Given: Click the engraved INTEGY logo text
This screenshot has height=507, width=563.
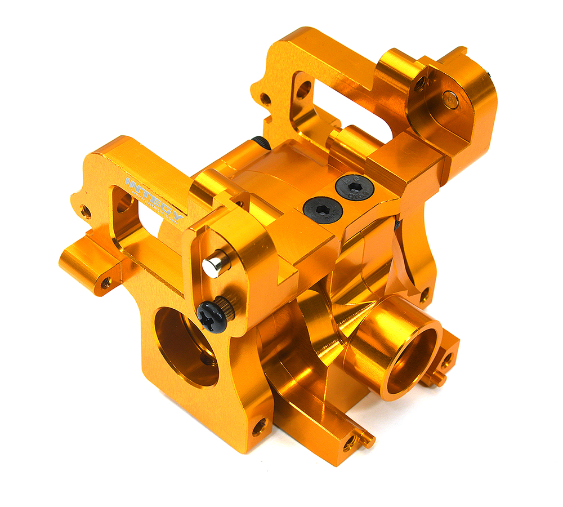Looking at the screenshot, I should [x=154, y=201].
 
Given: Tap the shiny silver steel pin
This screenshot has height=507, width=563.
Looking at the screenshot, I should [x=216, y=265].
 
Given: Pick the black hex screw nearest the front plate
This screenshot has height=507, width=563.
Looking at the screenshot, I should [x=318, y=210].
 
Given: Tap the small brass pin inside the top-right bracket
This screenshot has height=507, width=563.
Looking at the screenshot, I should [x=449, y=99].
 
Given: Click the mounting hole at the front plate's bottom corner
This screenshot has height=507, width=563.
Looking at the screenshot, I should [x=260, y=426].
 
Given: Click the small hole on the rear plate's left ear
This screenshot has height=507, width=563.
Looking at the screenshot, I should [x=265, y=100].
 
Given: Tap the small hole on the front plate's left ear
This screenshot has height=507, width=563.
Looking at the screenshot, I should [x=86, y=212].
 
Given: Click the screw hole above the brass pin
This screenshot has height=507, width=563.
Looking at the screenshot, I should [x=419, y=85].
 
